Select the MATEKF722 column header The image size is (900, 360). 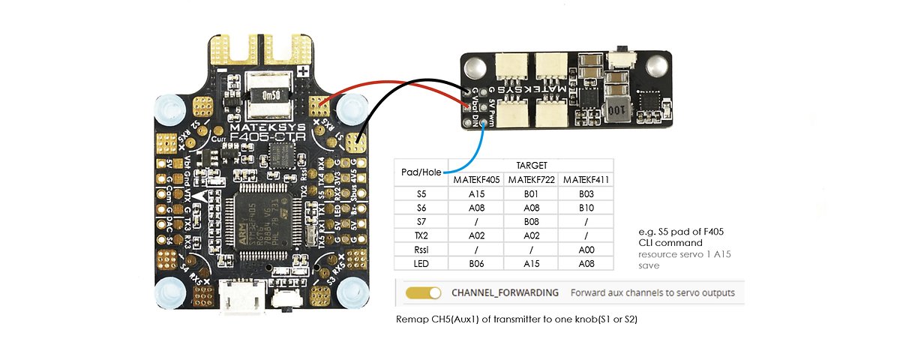tap(532, 181)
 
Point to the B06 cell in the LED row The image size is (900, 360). tap(477, 264)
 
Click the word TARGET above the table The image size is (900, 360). tap(531, 165)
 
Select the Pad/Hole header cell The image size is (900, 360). tap(422, 172)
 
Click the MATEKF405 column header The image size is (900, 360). tap(477, 181)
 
